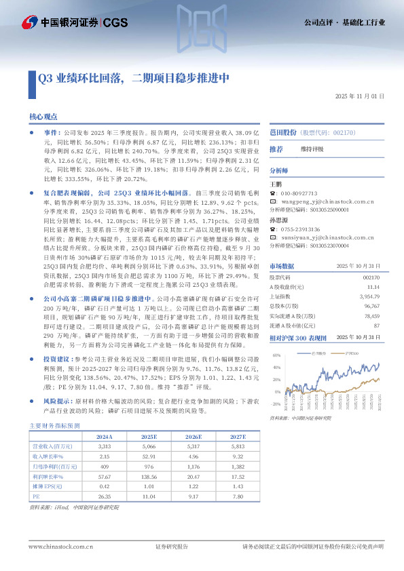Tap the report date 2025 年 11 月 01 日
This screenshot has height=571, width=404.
(x=360, y=96)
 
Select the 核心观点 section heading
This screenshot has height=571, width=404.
(x=43, y=117)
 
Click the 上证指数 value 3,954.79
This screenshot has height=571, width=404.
(x=367, y=296)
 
